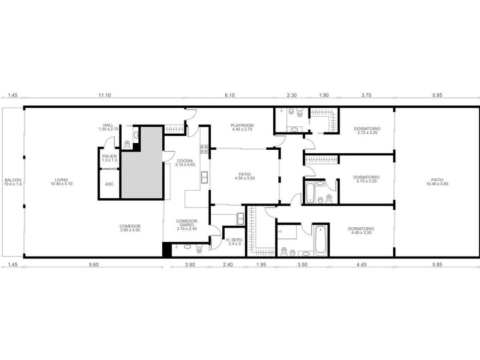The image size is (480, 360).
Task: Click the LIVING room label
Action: pos(62,182)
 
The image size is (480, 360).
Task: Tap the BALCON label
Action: pos(13,182)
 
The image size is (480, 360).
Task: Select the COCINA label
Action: pos(185,162)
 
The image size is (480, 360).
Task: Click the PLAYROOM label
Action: pos(242,127)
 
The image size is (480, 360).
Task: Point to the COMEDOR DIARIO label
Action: pos(187,225)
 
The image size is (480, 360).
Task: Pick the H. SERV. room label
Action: pos(234,242)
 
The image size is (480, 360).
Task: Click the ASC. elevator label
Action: pos(110,184)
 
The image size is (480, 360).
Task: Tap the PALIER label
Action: pos(109,158)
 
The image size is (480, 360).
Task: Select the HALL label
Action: pos(108,127)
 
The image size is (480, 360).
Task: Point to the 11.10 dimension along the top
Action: pos(105,95)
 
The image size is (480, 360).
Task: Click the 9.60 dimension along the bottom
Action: pos(94,265)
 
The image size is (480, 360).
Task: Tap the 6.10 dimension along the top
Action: pos(230,95)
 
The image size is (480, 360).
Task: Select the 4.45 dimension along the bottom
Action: pos(362,265)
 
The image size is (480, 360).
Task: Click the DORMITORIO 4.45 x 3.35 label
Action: pos(361,230)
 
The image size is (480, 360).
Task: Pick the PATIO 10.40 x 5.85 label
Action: pos(437,182)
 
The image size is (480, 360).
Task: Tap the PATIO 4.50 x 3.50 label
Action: pos(245,176)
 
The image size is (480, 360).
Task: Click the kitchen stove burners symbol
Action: pos(204,149)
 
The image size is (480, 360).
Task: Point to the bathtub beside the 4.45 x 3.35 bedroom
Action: pos(320,239)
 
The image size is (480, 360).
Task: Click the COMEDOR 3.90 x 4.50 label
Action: pos(130,228)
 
